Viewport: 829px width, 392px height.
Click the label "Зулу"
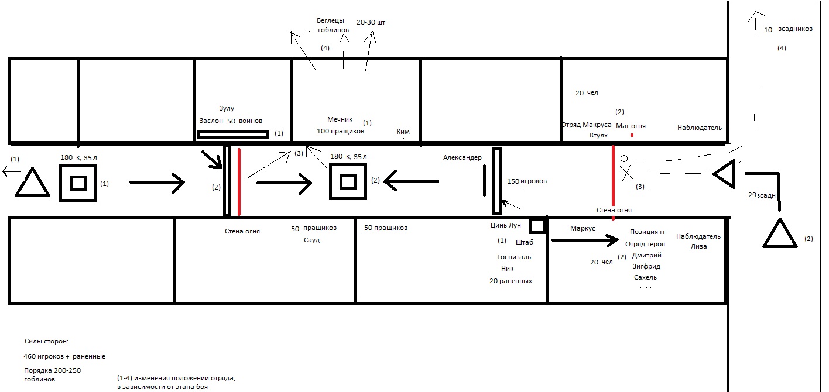pos(227,108)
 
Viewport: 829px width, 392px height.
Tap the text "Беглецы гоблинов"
pos(333,25)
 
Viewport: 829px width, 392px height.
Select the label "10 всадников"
pos(788,29)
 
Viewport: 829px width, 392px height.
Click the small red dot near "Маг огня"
pos(632,135)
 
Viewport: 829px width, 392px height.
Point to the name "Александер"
pos(463,157)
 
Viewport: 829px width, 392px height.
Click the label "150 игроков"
pos(527,181)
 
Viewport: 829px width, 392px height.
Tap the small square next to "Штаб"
pos(537,226)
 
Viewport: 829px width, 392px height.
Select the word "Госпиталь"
pos(513,257)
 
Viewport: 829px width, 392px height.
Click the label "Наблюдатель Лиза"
pos(698,241)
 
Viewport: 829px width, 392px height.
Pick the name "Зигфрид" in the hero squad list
pos(646,266)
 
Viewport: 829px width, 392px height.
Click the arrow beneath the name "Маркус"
pos(585,240)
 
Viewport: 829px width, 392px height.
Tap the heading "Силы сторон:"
pos(47,341)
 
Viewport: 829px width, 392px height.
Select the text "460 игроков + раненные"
pos(64,356)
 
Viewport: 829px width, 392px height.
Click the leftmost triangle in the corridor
pos(33,183)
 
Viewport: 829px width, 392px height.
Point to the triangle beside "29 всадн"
pos(780,233)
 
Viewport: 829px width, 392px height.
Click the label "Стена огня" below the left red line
pos(242,231)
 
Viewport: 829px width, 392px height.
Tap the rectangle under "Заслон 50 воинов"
pos(233,135)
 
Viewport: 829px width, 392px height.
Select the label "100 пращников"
pos(340,131)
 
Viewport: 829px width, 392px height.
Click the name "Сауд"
pos(311,240)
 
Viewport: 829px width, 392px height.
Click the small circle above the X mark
pos(624,159)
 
